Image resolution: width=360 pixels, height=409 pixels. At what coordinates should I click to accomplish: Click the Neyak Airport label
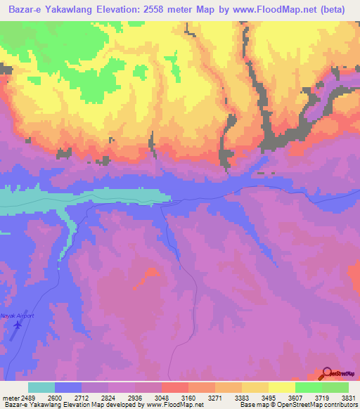[x=18, y=316]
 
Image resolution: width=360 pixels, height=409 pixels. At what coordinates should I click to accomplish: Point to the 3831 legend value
[x=348, y=397]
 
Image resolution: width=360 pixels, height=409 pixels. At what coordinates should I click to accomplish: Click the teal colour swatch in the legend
[x=41, y=387]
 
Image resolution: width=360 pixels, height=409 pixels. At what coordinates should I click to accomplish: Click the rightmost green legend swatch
[x=335, y=387]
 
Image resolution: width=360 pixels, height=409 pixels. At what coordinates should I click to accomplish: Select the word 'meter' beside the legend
[x=11, y=397]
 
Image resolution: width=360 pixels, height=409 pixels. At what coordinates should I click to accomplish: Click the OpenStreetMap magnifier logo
[x=327, y=374]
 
